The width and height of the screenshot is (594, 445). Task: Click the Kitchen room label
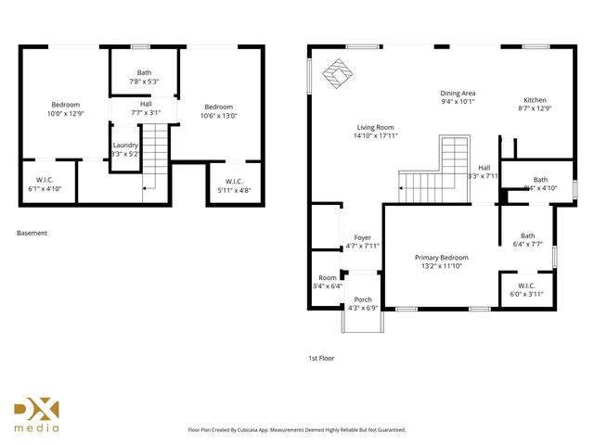(x=536, y=103)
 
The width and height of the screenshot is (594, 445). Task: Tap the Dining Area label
(x=458, y=96)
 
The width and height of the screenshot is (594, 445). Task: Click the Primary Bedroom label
(x=441, y=261)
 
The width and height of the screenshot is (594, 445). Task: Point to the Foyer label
(x=361, y=241)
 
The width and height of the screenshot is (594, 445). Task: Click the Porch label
(x=363, y=303)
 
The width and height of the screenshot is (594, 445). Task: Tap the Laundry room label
(x=125, y=148)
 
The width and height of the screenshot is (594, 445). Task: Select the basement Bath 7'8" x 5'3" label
(x=144, y=77)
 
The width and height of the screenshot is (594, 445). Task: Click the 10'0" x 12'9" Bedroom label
(x=65, y=108)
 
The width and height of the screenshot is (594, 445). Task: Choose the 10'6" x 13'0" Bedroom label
(x=219, y=111)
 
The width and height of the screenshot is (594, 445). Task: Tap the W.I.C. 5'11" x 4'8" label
(x=233, y=185)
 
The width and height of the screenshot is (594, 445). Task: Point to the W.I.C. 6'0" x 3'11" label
(x=526, y=289)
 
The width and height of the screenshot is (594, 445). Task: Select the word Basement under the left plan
(x=32, y=234)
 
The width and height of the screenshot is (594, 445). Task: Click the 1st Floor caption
(x=321, y=357)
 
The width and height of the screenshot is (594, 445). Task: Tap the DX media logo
(x=36, y=415)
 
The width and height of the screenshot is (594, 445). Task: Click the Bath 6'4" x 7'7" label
(x=527, y=240)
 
